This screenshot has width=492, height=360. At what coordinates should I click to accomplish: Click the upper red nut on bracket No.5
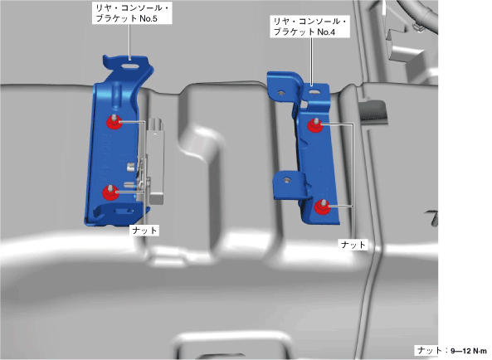(114, 122)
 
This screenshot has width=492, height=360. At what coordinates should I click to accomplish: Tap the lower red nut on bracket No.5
(111, 192)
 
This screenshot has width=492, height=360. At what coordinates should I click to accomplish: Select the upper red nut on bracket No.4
(315, 125)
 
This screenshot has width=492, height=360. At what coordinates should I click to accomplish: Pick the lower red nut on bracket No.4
(322, 207)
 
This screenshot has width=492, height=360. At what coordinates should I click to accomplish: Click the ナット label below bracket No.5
(144, 231)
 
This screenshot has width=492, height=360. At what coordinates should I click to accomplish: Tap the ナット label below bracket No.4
(353, 244)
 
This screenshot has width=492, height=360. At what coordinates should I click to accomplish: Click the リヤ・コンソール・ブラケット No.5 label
(132, 13)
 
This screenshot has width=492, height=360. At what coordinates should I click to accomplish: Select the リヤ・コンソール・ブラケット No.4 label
(310, 27)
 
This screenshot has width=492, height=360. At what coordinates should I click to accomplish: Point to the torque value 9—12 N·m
(469, 351)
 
